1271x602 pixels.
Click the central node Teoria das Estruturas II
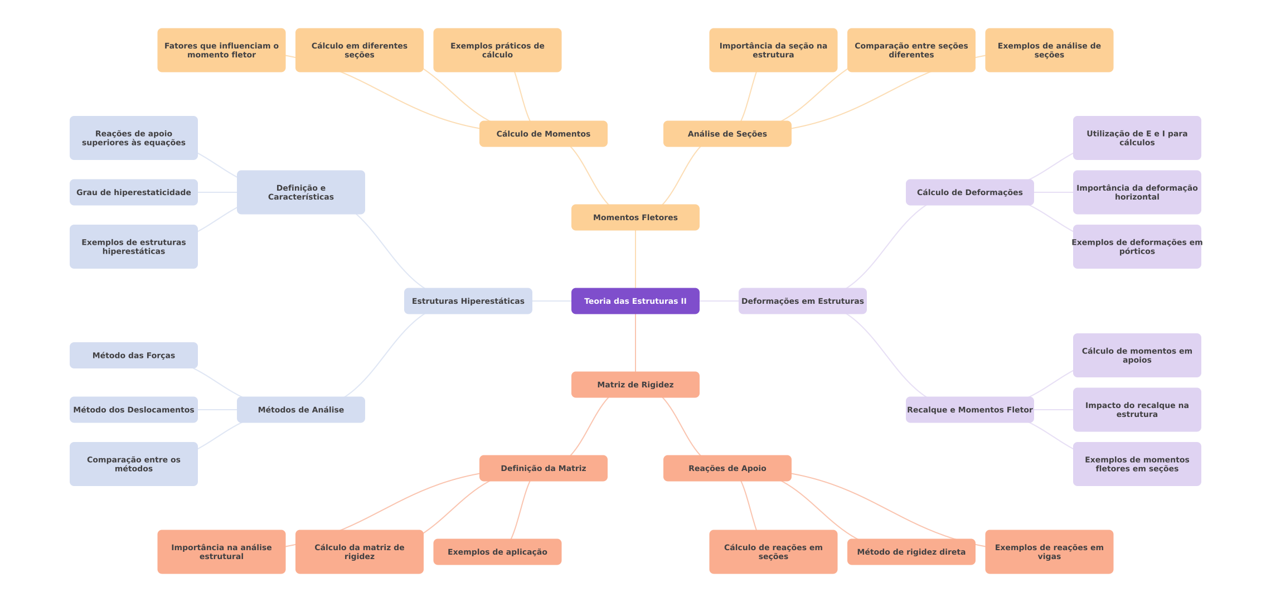(635, 301)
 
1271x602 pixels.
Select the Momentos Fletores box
(635, 217)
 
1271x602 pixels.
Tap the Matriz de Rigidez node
(635, 385)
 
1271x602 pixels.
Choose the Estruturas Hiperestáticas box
(468, 301)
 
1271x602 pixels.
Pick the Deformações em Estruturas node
(803, 301)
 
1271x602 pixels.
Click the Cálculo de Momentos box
(544, 134)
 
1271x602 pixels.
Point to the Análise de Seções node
(727, 134)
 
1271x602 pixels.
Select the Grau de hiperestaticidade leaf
(134, 192)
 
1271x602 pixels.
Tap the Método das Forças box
(134, 356)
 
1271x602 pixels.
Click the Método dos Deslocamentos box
(134, 410)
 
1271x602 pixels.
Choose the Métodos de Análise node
(301, 410)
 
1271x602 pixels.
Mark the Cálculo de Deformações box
(970, 192)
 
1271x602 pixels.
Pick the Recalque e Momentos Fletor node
(970, 410)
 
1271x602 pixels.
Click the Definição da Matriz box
(544, 468)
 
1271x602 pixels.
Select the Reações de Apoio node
(727, 468)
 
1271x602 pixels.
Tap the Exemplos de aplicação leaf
(497, 552)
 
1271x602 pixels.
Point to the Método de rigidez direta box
(911, 552)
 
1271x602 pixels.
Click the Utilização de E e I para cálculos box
(1137, 138)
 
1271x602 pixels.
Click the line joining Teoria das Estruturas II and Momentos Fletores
(635, 259)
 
